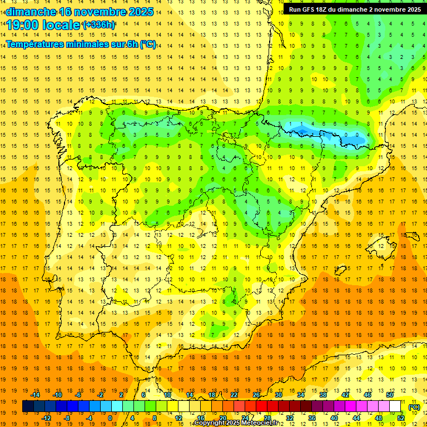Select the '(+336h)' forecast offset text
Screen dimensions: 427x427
click(x=99, y=25)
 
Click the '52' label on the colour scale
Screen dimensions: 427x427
click(x=401, y=418)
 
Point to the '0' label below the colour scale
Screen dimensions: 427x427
click(x=110, y=418)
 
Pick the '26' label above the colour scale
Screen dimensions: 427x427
click(x=256, y=395)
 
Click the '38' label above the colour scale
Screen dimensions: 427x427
click(x=323, y=395)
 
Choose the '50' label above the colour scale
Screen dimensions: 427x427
click(x=390, y=395)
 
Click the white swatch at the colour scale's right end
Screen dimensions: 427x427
click(x=395, y=406)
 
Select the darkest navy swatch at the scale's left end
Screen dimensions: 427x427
click(x=28, y=406)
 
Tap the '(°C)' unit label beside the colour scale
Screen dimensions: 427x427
click(x=414, y=406)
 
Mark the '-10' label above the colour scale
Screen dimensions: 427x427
click(x=57, y=395)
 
